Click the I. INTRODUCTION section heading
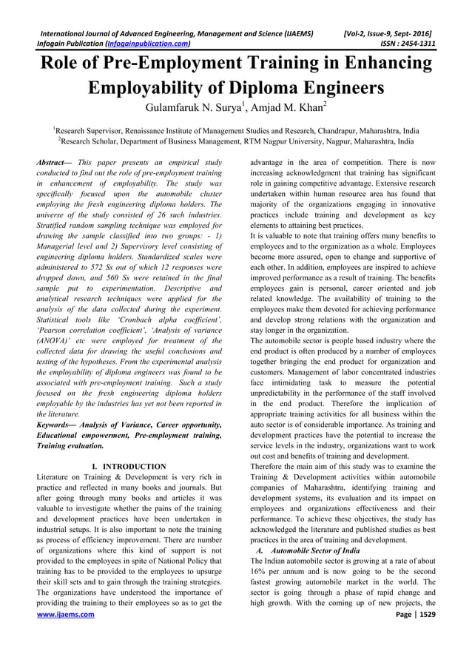129,467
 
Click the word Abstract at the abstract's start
56,161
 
